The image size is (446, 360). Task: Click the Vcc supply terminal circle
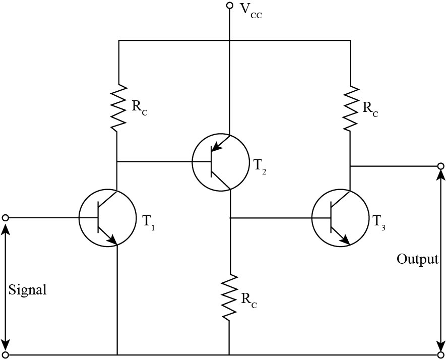click(x=229, y=6)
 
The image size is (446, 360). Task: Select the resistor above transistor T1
click(x=117, y=107)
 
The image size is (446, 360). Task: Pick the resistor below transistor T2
click(x=229, y=297)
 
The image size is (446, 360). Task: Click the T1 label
click(x=149, y=222)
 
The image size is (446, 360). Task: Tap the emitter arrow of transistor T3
click(x=345, y=240)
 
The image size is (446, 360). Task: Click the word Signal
click(x=28, y=290)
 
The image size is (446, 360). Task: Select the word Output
click(x=417, y=260)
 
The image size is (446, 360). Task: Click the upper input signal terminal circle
click(x=6, y=218)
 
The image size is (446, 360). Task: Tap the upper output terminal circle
click(x=440, y=166)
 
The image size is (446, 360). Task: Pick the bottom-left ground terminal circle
click(x=6, y=354)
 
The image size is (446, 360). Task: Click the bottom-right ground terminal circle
click(x=440, y=354)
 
